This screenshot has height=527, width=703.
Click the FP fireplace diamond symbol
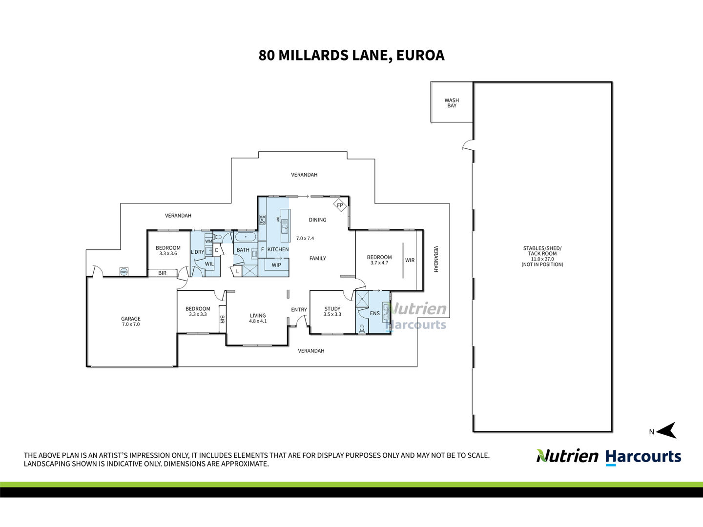pyautogui.click(x=340, y=205)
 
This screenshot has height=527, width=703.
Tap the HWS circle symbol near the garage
pyautogui.click(x=124, y=272)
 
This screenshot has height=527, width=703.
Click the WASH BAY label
pyautogui.click(x=452, y=103)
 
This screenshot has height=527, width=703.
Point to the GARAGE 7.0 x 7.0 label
pyautogui.click(x=131, y=321)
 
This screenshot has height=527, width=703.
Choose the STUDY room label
pyautogui.click(x=332, y=309)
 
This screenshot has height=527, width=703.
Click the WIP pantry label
pyautogui.click(x=276, y=265)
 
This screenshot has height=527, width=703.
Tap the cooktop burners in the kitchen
pyautogui.click(x=262, y=220)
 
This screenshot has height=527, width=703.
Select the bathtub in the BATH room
pyautogui.click(x=246, y=237)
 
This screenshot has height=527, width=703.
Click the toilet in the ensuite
pyautogui.click(x=362, y=329)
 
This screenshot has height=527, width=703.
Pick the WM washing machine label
pyautogui.click(x=208, y=241)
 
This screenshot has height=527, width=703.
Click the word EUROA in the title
pyautogui.click(x=420, y=55)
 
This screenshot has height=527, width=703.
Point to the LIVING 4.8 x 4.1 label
pyautogui.click(x=258, y=318)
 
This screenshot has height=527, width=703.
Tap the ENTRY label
pyautogui.click(x=299, y=309)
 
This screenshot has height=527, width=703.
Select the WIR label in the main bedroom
pyautogui.click(x=410, y=260)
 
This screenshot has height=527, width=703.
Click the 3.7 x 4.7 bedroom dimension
pyautogui.click(x=379, y=263)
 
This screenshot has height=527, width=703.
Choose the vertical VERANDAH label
pyautogui.click(x=435, y=259)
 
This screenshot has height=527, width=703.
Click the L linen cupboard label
pyautogui.click(x=237, y=271)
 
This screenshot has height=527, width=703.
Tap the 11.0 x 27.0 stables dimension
pyautogui.click(x=542, y=259)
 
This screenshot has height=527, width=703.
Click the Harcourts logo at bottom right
pyautogui.click(x=643, y=458)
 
